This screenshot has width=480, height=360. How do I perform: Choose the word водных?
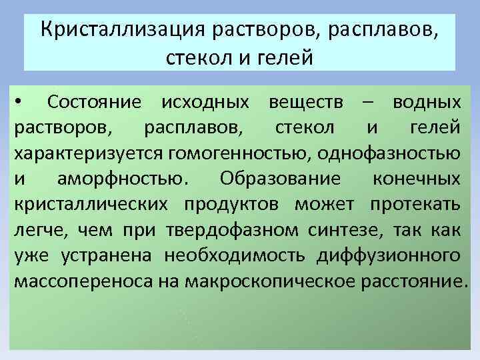[426, 103]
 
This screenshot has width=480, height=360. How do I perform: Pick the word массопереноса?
[82, 281]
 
